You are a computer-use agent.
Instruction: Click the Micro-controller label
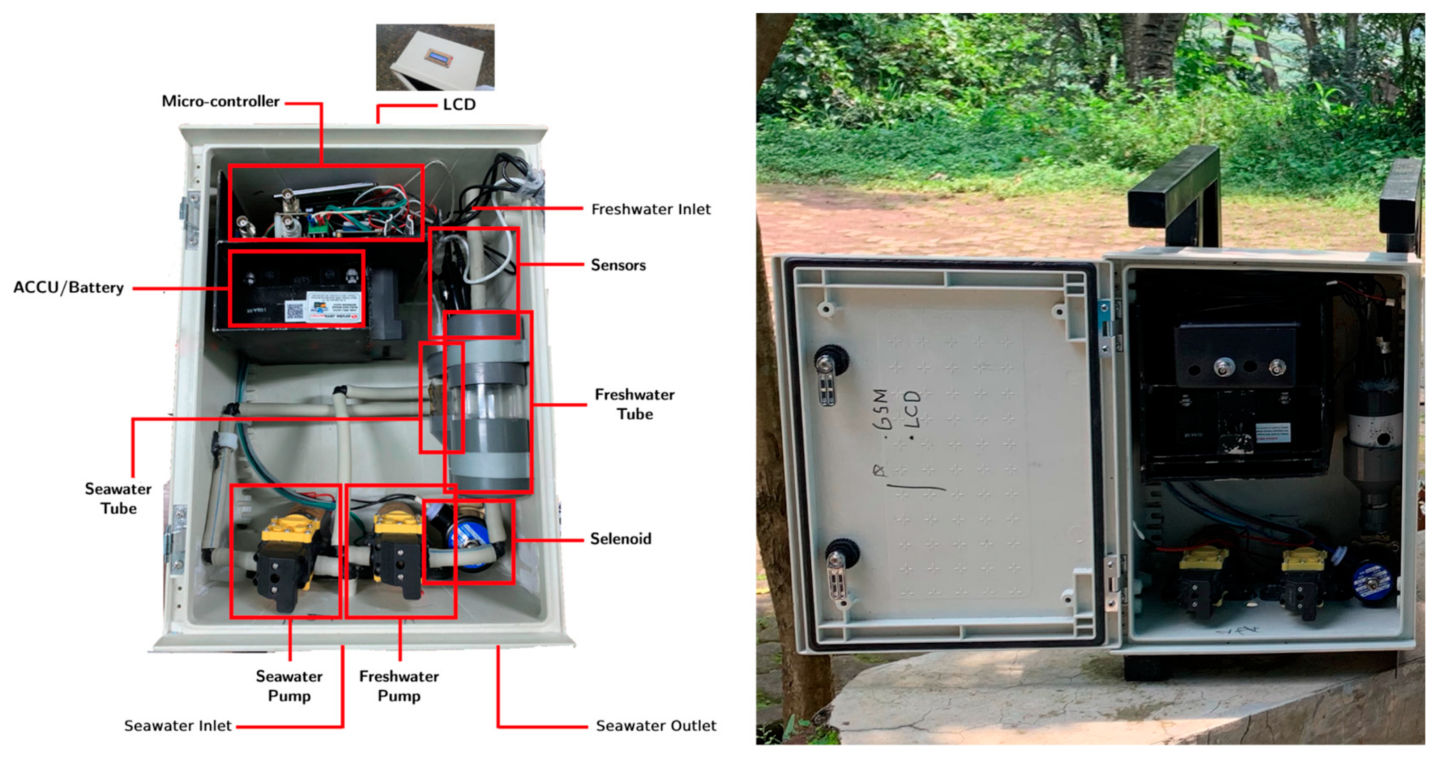point(220,102)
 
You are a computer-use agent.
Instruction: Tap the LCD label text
point(459,105)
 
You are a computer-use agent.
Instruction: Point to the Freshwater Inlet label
point(650,210)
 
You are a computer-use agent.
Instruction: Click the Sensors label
point(618,265)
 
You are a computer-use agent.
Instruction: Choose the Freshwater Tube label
point(634,404)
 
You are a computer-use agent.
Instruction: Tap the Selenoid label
point(621,539)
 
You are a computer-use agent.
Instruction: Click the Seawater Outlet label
point(656,726)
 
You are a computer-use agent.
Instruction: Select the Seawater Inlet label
point(177,726)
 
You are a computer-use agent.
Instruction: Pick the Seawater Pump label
point(289,686)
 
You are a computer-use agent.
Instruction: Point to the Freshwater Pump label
point(398,686)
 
